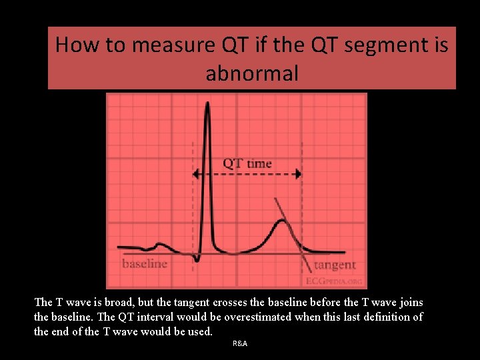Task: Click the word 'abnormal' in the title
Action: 252,73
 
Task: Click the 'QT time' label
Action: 247,163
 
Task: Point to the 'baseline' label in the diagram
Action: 145,264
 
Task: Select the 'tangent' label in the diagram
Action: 335,265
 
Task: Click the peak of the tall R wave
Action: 208,103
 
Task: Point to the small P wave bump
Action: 159,245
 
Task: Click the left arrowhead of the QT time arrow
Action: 195,174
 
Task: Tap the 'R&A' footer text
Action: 240,343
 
